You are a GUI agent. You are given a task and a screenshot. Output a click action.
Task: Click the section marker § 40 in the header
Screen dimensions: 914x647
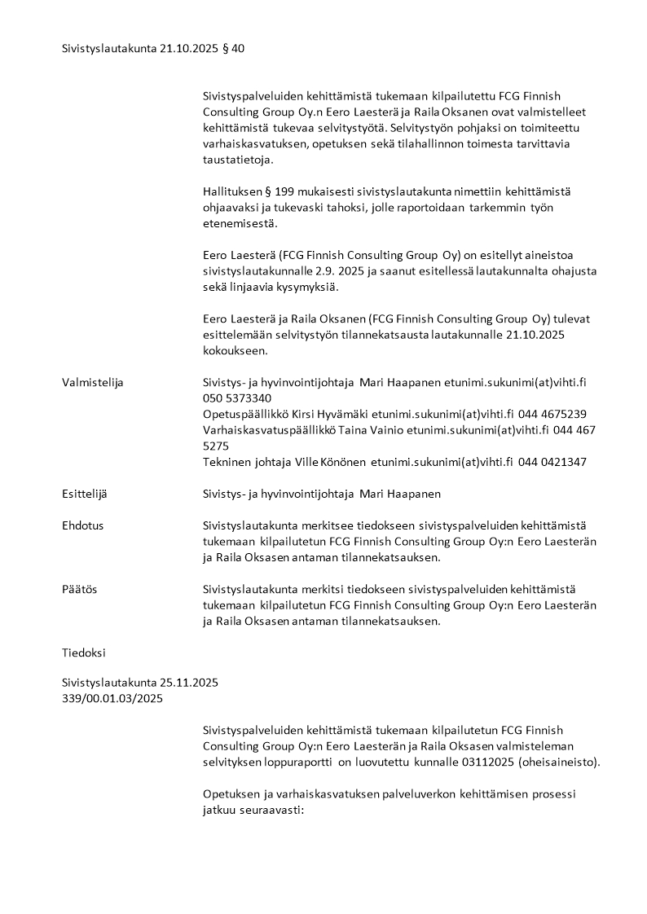(x=232, y=49)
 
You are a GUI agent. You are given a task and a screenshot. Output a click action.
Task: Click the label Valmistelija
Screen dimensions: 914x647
(x=93, y=382)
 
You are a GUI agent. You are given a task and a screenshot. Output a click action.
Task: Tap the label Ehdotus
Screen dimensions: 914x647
(x=83, y=525)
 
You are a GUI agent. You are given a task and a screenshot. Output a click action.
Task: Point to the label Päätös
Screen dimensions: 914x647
(x=80, y=589)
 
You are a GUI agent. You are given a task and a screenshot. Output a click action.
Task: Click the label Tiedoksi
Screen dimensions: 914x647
(x=84, y=653)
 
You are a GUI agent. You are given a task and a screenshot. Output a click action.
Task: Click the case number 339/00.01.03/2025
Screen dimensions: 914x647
(x=112, y=698)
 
